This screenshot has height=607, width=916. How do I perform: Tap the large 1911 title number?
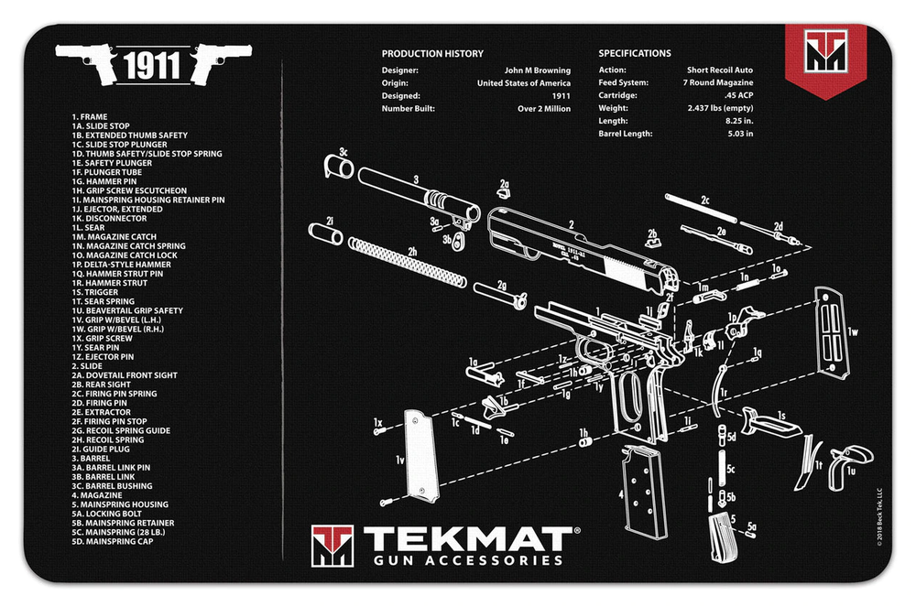(x=152, y=66)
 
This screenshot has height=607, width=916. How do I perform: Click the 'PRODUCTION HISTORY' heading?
(x=432, y=54)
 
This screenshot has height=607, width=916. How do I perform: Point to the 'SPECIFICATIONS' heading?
(x=635, y=54)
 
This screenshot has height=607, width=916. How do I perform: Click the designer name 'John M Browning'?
(x=538, y=70)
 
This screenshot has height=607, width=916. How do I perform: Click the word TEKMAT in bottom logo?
(x=468, y=539)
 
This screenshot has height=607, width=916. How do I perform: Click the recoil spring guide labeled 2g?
(x=502, y=298)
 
